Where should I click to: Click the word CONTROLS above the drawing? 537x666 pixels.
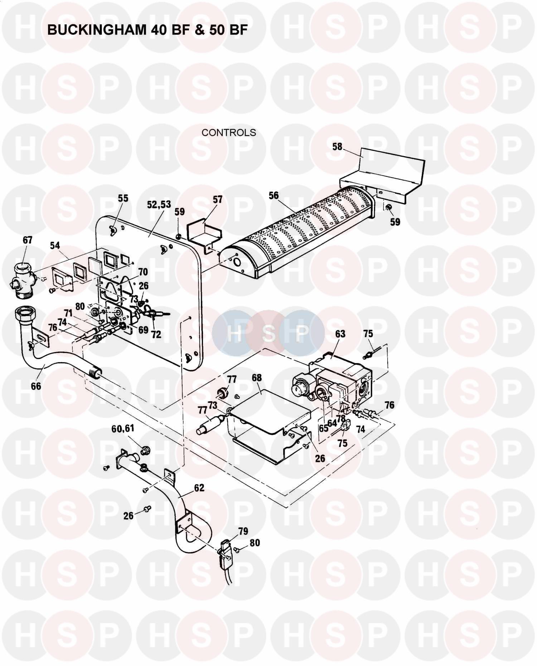pos(229,133)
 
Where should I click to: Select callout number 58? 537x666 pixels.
pos(337,147)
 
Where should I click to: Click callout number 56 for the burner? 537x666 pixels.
pos(274,195)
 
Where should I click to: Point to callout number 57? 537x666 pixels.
pos(218,199)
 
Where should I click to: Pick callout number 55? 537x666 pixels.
pos(123,198)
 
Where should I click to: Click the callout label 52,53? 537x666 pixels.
pos(159,204)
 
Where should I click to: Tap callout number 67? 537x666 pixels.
pos(28,240)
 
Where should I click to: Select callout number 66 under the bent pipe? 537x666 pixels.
pos(36,386)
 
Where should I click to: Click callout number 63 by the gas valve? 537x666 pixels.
pos(340,334)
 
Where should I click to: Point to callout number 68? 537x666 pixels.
pos(257,378)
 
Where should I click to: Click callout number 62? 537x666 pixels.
pos(199,488)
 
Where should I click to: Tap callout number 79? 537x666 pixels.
pos(243,531)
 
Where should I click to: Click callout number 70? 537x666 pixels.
pos(143,272)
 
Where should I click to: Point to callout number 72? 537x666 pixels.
pos(156,334)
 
